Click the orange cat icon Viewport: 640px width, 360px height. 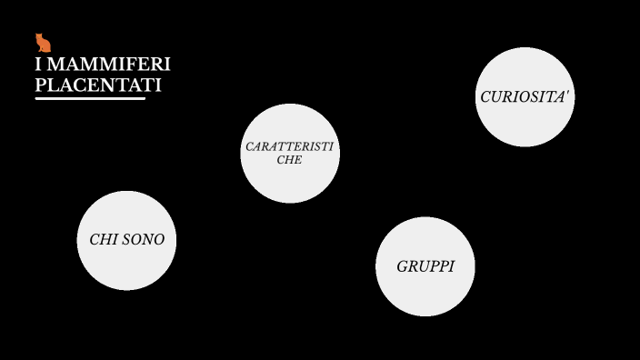pyautogui.click(x=43, y=43)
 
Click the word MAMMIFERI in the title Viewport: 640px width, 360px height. pyautogui.click(x=109, y=65)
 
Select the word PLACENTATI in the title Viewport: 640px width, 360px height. pyautogui.click(x=98, y=85)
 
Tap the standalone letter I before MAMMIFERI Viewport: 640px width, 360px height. pyautogui.click(x=38, y=65)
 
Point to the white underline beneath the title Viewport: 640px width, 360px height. pyautogui.click(x=90, y=98)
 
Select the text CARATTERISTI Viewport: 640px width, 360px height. pyautogui.click(x=289, y=146)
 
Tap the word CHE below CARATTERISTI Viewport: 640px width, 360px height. pyautogui.click(x=289, y=160)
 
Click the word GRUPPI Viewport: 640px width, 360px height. pyautogui.click(x=425, y=266)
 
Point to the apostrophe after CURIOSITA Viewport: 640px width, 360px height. pyautogui.click(x=568, y=93)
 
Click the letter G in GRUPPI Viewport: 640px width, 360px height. pyautogui.click(x=402, y=266)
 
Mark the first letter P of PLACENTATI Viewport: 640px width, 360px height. pyautogui.click(x=40, y=85)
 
